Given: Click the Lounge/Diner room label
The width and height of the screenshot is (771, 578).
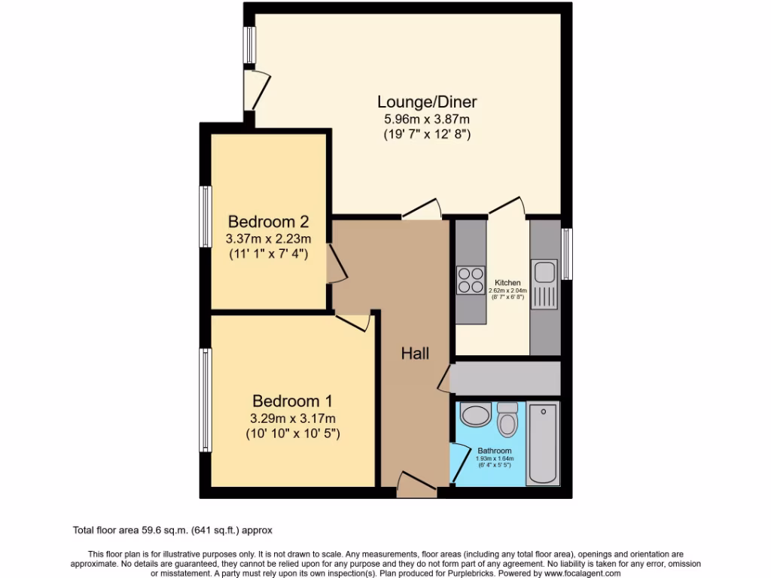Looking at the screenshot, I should [427, 102].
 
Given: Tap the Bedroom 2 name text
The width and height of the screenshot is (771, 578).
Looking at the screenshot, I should [269, 222].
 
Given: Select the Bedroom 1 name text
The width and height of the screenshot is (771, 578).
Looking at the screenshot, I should [291, 401].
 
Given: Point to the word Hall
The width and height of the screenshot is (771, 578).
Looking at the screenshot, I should [415, 352].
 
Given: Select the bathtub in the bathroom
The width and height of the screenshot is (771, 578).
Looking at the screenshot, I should [543, 444].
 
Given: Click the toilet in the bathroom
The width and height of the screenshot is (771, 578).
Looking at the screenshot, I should [507, 418].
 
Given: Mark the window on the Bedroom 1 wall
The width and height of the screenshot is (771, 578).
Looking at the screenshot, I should [205, 400].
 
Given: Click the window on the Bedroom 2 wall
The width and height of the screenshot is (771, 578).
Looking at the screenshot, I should [205, 216].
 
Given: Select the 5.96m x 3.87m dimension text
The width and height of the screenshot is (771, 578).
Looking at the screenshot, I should [427, 119].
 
